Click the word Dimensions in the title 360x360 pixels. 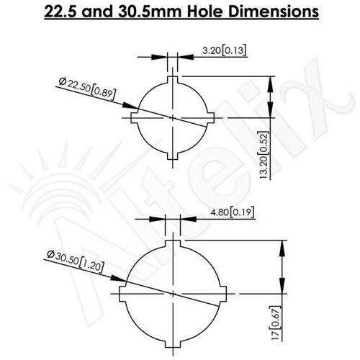pos(274,12)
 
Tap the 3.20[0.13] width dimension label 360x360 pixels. pos(224,50)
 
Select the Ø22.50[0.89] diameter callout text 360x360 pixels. pos(88,88)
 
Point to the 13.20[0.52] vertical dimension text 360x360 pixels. pos(264,155)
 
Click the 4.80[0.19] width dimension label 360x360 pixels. pos(232,212)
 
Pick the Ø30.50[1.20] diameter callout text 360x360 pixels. pos(76,261)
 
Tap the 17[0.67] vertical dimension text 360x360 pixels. pos(276,323)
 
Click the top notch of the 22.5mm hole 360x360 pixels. pos(173,80)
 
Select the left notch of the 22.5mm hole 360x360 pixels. pos(135,118)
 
